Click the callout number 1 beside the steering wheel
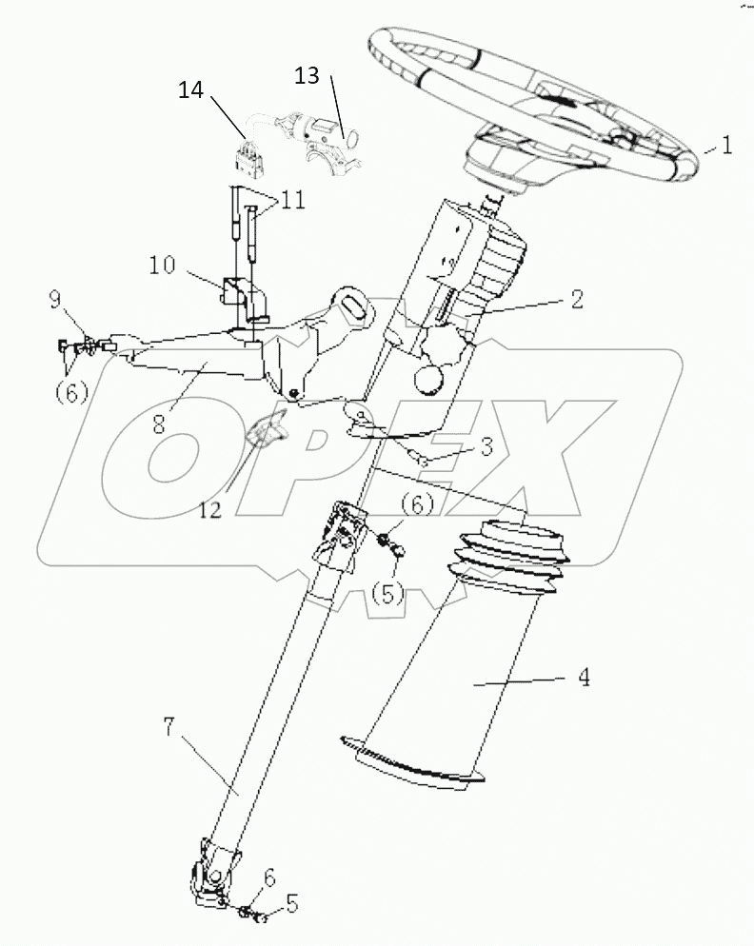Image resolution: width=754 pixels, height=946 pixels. click(726, 148)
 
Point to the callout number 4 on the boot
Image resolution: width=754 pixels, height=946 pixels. click(584, 679)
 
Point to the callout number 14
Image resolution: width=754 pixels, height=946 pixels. click(191, 90)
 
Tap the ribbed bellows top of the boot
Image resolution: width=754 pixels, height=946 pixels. click(511, 557)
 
